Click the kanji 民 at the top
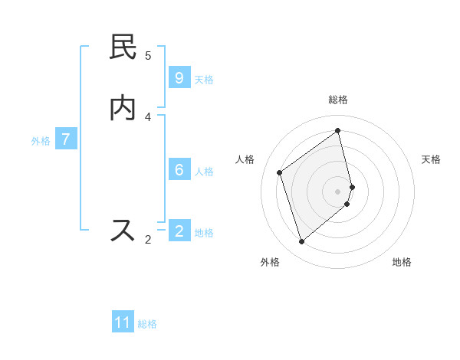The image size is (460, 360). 123,47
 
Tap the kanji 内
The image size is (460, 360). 123,108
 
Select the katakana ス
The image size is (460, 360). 123,231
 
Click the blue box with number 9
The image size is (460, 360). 179,77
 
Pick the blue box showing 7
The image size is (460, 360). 66,139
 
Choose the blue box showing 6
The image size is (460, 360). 179,169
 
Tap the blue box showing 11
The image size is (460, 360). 123,322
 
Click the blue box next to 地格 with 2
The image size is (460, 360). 179,231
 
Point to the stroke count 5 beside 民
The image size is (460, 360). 148,55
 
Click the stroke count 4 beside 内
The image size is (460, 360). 148,116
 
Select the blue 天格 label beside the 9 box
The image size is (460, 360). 204,80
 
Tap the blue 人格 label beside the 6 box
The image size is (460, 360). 204,172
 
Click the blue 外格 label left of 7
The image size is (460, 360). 41,141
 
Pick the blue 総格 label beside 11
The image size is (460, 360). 147,324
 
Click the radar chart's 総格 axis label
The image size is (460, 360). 338,100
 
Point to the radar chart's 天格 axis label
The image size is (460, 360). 431,159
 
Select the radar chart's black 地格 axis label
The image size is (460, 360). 402,262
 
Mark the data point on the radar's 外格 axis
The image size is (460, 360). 301,242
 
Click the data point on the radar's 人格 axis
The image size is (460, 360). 280,172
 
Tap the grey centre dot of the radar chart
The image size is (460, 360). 338,191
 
